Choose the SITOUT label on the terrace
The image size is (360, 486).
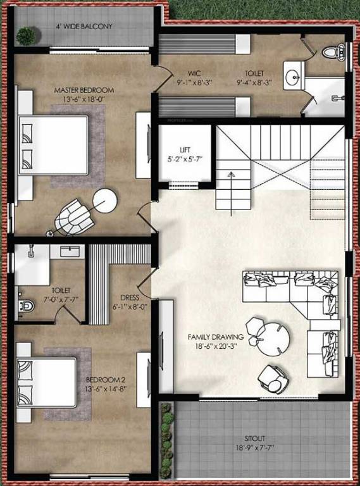[x=256, y=438]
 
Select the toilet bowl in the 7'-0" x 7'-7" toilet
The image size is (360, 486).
[x=26, y=306]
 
